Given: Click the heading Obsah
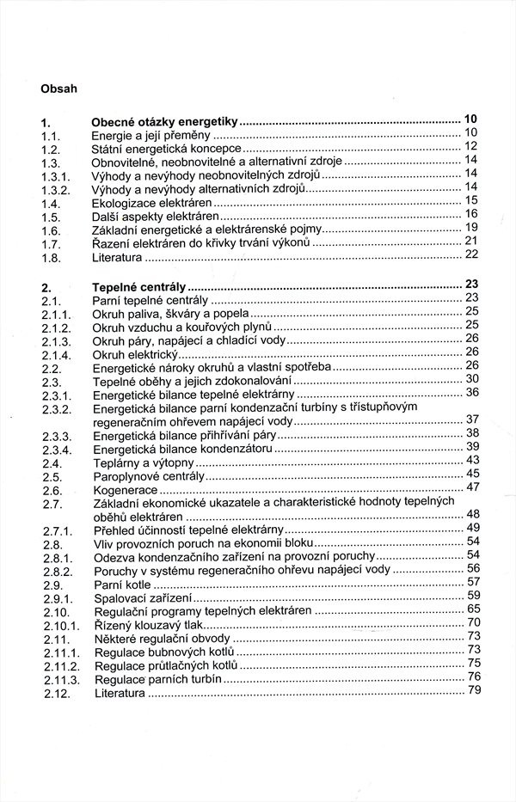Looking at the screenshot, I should pos(58,87).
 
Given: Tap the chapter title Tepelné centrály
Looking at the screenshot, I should pos(139,287).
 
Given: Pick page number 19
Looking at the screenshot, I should pos(470,227).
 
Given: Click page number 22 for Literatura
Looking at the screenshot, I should pos(470,254).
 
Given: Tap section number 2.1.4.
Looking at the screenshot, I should pos(56,354).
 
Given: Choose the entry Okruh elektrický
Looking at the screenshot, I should pos(134,354).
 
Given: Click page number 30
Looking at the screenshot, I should pos(471,377).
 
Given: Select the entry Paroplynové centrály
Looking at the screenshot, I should pos(148,475).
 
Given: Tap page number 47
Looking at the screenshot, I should pos(471,487).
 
